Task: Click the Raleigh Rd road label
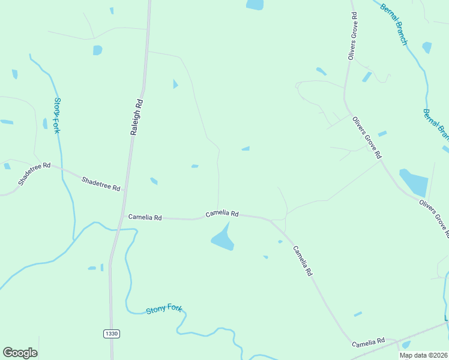(x=137, y=116)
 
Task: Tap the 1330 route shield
(x=111, y=333)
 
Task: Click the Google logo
(x=20, y=353)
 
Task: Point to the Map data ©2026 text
(x=423, y=355)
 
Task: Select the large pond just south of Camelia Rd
(x=223, y=239)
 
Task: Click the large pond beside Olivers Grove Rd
(x=414, y=182)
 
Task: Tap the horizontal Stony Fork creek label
(x=164, y=309)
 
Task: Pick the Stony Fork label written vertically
(x=58, y=115)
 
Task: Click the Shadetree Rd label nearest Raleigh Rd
(x=101, y=184)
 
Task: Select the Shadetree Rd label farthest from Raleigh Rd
(x=34, y=173)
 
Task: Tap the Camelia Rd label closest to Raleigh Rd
(x=144, y=217)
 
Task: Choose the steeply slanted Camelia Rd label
(x=303, y=260)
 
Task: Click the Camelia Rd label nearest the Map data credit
(x=367, y=342)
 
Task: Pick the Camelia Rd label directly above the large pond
(x=222, y=214)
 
